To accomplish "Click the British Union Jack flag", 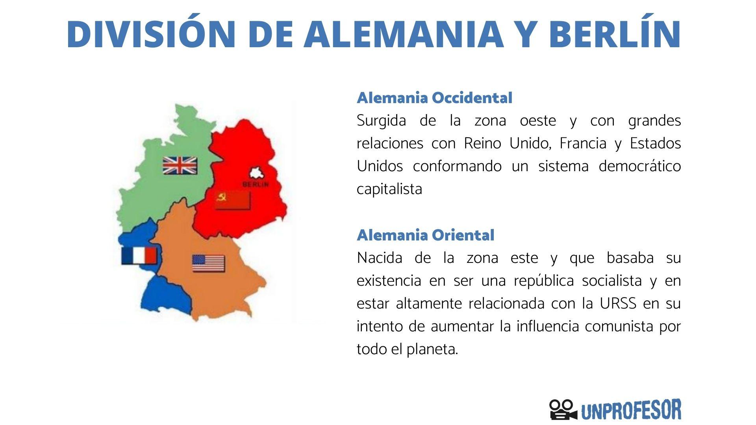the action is [180, 165].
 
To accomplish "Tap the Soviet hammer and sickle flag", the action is [233, 200].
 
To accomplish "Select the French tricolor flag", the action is [139, 256].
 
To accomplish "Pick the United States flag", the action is [208, 263].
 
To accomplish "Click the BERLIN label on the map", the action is [256, 184].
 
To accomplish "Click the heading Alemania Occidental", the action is [434, 98].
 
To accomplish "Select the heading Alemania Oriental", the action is [425, 235].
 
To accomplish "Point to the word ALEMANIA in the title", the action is [403, 34].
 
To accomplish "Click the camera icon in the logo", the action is [563, 410].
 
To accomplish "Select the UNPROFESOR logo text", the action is [631, 410].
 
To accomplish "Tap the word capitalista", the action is [389, 189].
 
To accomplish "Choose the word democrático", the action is [640, 166].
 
